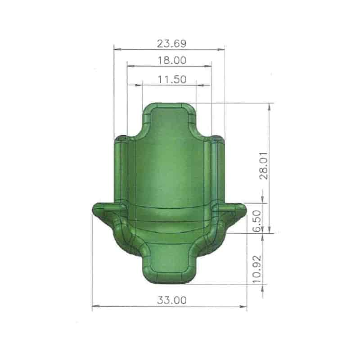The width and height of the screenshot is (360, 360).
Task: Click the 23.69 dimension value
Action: click(171, 43)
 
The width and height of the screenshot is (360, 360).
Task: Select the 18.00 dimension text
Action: click(172, 60)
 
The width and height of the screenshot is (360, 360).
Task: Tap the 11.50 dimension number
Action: click(172, 80)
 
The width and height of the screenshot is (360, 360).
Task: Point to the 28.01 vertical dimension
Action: click(264, 166)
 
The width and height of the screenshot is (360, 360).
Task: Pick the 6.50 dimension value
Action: click(257, 220)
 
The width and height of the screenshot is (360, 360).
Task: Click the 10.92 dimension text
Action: click(257, 269)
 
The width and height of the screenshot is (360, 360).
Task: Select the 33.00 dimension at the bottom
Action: click(172, 300)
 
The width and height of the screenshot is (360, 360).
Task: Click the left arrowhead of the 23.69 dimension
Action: click(118, 49)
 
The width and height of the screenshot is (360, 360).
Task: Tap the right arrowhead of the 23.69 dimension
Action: click(221, 49)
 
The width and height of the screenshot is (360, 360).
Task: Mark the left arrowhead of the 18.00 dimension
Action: click(131, 66)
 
